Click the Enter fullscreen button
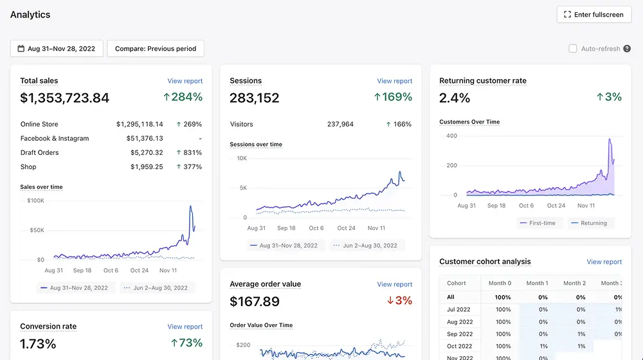(593, 15)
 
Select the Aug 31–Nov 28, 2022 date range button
(57, 48)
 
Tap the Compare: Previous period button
(156, 48)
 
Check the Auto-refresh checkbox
(572, 49)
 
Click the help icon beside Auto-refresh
(627, 49)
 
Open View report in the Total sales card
(185, 81)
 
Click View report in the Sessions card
(395, 81)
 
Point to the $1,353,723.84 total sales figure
(65, 98)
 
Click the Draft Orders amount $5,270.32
(147, 152)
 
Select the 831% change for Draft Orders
(189, 152)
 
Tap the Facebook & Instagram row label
(55, 139)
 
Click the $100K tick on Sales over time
(35, 201)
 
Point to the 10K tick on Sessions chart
(242, 158)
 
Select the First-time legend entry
(538, 223)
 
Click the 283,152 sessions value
(254, 98)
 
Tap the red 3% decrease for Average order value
(399, 301)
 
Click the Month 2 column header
(574, 283)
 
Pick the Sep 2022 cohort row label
(460, 334)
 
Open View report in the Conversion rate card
(185, 327)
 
